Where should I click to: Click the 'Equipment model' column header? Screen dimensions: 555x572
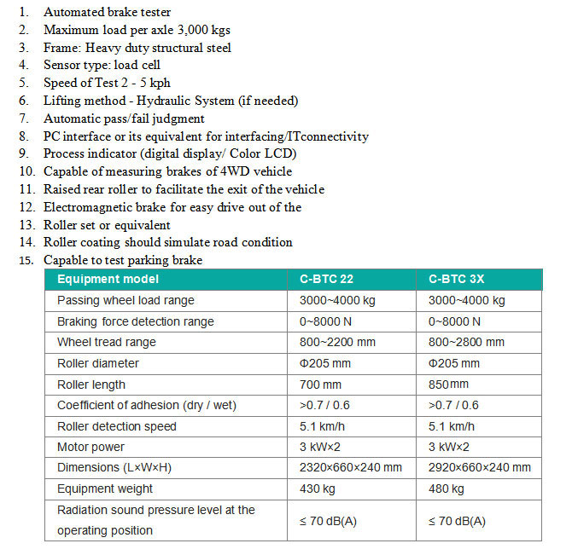pos(108,280)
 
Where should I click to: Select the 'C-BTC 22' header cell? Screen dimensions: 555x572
pos(327,280)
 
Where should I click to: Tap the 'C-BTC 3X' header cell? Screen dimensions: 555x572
pos(456,280)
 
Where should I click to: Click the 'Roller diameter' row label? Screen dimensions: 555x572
pos(97,363)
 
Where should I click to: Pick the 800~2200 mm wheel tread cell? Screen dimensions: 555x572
pos(337,342)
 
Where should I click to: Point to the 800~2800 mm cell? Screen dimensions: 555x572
pos(466,342)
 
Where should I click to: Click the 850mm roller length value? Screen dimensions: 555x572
pos(448,384)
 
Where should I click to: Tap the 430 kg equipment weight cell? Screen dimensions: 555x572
pos(318,489)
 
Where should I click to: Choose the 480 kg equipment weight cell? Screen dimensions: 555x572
pos(447,489)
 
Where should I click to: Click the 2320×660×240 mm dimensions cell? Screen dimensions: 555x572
pos(351,467)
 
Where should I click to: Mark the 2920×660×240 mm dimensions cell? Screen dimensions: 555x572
pos(480,467)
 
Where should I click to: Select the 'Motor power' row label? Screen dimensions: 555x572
pos(90,447)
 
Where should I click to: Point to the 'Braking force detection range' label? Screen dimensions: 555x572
pos(135,321)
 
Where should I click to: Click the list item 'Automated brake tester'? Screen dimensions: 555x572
pos(107,12)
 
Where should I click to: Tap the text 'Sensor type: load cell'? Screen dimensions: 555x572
pos(102,65)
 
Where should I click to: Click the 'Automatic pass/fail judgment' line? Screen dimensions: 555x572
pos(124,119)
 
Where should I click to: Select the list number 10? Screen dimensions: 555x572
pos(26,172)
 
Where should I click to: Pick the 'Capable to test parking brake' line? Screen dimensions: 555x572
pos(123,260)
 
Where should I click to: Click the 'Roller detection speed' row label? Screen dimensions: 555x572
pos(116,426)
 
